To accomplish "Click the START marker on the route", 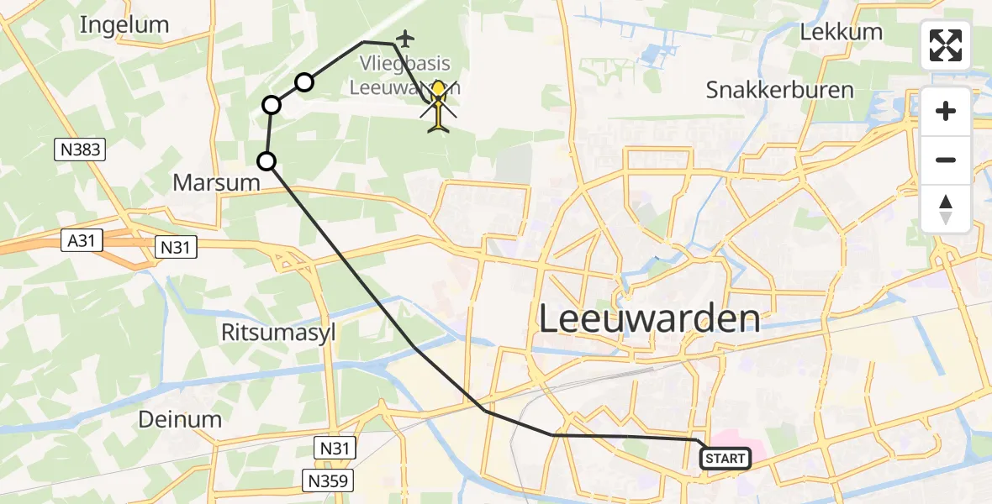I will point(725,459).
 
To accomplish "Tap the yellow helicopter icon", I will point(439,107).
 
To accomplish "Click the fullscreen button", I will point(946,45).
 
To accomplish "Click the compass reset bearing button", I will point(946,209).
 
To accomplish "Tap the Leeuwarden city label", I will point(649,319).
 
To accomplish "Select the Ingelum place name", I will point(124,25).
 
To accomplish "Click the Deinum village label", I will point(181,419).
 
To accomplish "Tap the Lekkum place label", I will point(841,32).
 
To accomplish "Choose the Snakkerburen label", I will point(779,89).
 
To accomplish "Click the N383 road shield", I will point(80,150).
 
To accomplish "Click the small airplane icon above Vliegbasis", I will point(406,38).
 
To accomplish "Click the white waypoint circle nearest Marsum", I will point(266,161).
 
